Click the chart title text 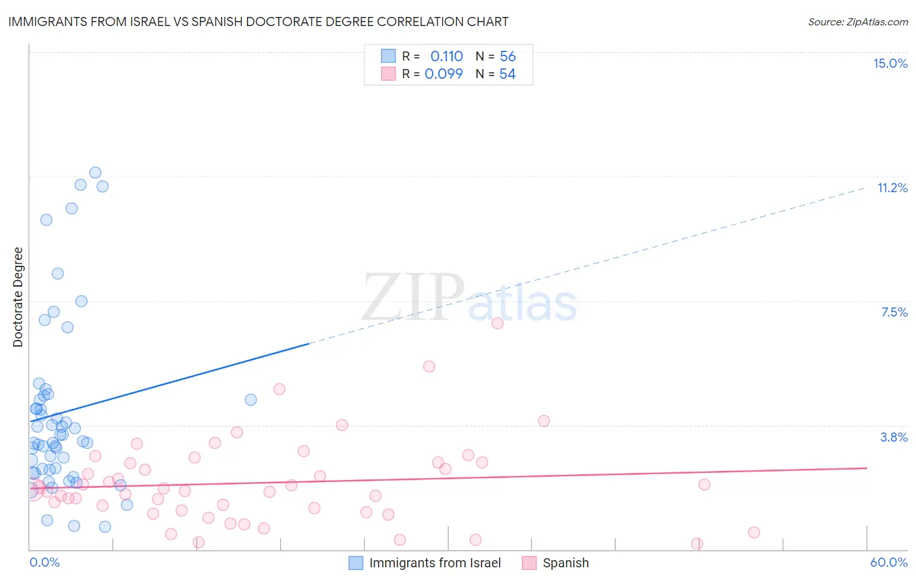(258, 21)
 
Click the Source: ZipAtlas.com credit (857, 21)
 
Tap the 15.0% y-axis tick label (890, 63)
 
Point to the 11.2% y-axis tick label (892, 188)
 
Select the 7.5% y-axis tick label (894, 312)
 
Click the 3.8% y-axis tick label (894, 437)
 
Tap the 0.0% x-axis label (44, 562)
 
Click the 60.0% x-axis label (888, 562)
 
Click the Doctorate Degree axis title (18, 297)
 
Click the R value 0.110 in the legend (446, 57)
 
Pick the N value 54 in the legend (507, 74)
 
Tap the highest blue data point (95, 173)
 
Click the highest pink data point (497, 323)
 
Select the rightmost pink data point (754, 532)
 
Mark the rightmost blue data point (251, 400)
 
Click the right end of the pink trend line (866, 468)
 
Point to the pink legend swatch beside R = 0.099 (388, 74)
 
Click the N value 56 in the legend (508, 57)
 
